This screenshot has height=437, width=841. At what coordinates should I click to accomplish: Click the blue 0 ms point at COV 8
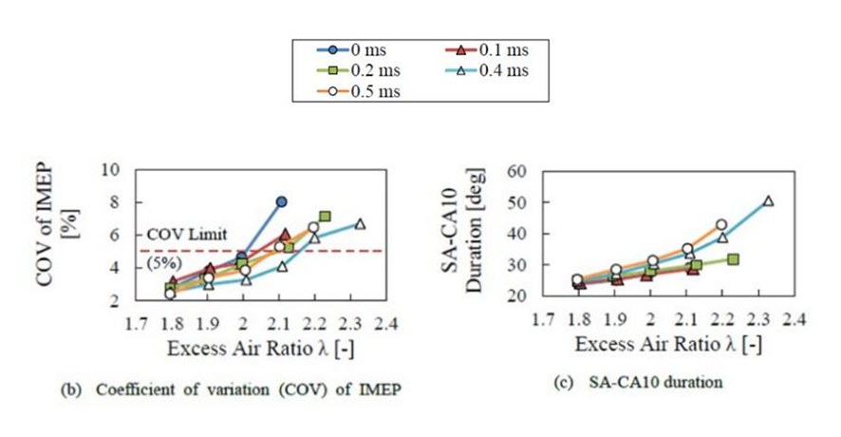282,201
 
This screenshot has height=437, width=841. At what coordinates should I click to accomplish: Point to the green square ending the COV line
325,217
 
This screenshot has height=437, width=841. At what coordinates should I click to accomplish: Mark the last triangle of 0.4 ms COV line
360,223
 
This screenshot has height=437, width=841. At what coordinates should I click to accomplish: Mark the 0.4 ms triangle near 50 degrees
768,200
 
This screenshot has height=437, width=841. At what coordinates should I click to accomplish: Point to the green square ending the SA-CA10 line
733,259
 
